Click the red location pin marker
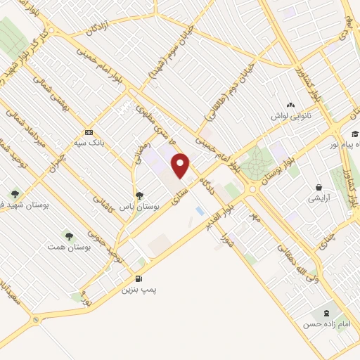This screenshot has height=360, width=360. coord(181,166)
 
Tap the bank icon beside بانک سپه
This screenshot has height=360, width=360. coord(89,132)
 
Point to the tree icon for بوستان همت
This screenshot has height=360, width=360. coord(68,236)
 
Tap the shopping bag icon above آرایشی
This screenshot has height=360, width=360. coord(320,188)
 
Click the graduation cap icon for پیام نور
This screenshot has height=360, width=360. coord(355,134)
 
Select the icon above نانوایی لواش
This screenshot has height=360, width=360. coord(291,105)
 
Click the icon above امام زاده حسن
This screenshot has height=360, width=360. coord(326,313)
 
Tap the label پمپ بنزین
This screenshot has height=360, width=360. coord(134,289)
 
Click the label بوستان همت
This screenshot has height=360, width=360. coord(62,247)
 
